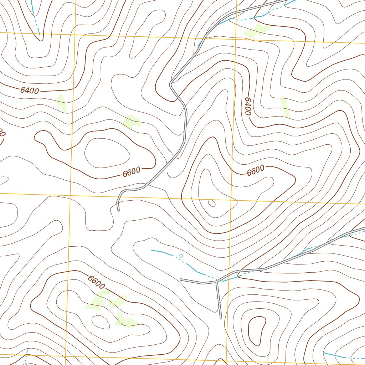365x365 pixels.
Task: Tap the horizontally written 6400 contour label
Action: (x=29, y=91)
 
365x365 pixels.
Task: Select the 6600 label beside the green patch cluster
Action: (x=97, y=283)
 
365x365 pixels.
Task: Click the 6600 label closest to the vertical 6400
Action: (x=256, y=171)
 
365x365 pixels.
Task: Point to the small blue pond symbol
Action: (x=181, y=255)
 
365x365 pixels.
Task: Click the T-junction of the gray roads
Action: (x=216, y=282)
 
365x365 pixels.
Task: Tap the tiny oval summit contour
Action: (x=211, y=203)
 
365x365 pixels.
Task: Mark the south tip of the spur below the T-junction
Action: (x=221, y=318)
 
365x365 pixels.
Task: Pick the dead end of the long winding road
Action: (x=118, y=210)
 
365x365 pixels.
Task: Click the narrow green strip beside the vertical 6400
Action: (x=285, y=107)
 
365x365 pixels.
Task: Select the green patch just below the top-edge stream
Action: (x=257, y=30)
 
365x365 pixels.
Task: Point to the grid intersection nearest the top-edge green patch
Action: (x=236, y=37)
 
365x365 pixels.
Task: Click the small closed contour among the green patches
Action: (x=101, y=321)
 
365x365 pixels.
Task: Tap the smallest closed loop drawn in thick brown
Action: (x=257, y=331)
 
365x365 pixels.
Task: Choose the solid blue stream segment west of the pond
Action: (x=162, y=252)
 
